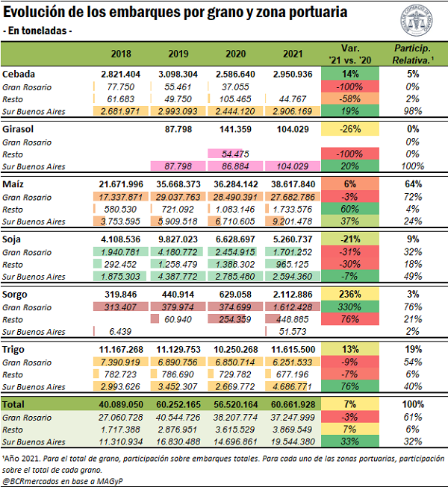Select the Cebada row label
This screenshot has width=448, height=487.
20,75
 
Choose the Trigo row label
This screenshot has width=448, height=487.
17,348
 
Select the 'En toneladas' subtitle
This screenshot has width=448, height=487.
39,31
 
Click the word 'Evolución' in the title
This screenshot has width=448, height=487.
35,13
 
